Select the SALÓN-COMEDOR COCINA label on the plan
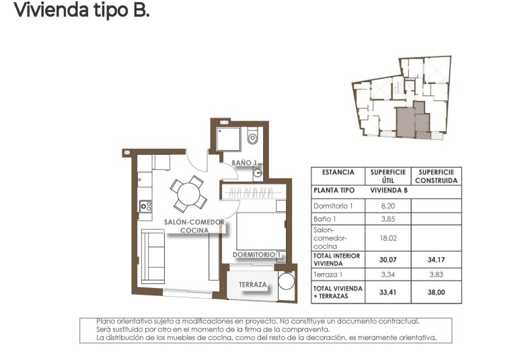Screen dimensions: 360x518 pyautogui.click(x=194, y=226)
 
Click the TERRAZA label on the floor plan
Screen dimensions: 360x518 pyautogui.click(x=254, y=285)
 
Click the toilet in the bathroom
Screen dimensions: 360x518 pyautogui.click(x=252, y=137)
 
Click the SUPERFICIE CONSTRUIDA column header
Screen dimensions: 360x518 pyautogui.click(x=436, y=176)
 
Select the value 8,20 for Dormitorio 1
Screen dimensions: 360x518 pyautogui.click(x=386, y=206)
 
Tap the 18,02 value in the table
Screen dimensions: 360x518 pyautogui.click(x=386, y=238)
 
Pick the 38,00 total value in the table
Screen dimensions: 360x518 pyautogui.click(x=436, y=292)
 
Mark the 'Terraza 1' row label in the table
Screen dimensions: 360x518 pyautogui.click(x=330, y=275)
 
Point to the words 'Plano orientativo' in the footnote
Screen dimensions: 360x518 pyautogui.click(x=122, y=322)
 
